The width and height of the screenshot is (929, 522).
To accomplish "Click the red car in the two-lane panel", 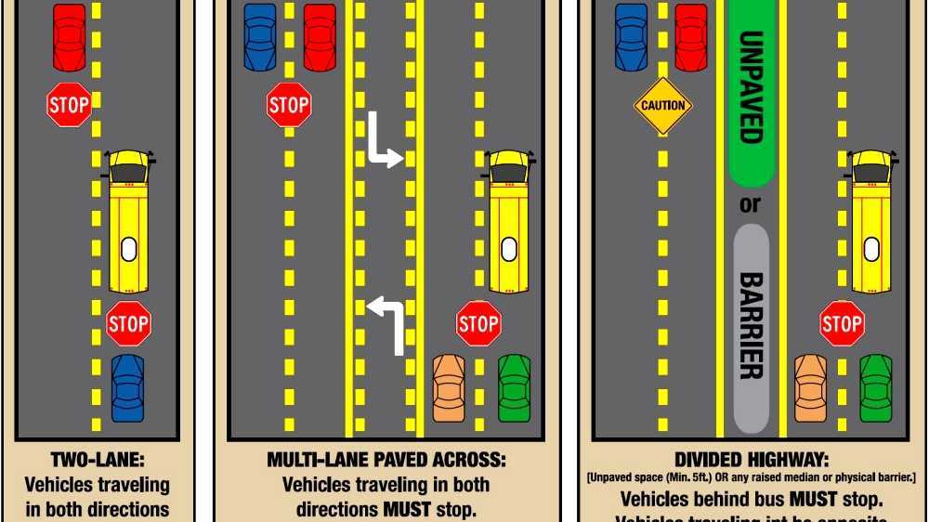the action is (x=69, y=37).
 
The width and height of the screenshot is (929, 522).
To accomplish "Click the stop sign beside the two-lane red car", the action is (x=69, y=105).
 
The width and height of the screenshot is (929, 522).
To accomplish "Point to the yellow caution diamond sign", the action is (x=662, y=106).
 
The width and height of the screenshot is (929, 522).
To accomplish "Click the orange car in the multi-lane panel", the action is (x=449, y=387).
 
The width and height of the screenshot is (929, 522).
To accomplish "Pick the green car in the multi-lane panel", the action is (x=514, y=387).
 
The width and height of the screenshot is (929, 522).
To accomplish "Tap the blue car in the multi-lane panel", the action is (x=260, y=37).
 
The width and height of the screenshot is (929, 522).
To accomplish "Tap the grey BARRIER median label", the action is (x=751, y=325).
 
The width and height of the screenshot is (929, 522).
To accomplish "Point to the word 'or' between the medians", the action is (x=750, y=203).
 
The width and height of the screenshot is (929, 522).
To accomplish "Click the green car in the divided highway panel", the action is (x=875, y=387).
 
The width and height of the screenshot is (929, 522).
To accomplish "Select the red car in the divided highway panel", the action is (x=690, y=37).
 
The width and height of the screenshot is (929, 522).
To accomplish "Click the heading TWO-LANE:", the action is (x=97, y=460).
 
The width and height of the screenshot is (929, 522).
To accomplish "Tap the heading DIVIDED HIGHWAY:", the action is (x=751, y=460).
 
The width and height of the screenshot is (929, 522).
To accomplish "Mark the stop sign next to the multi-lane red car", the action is (x=289, y=104).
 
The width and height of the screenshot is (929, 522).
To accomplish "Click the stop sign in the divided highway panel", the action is (x=842, y=324).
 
